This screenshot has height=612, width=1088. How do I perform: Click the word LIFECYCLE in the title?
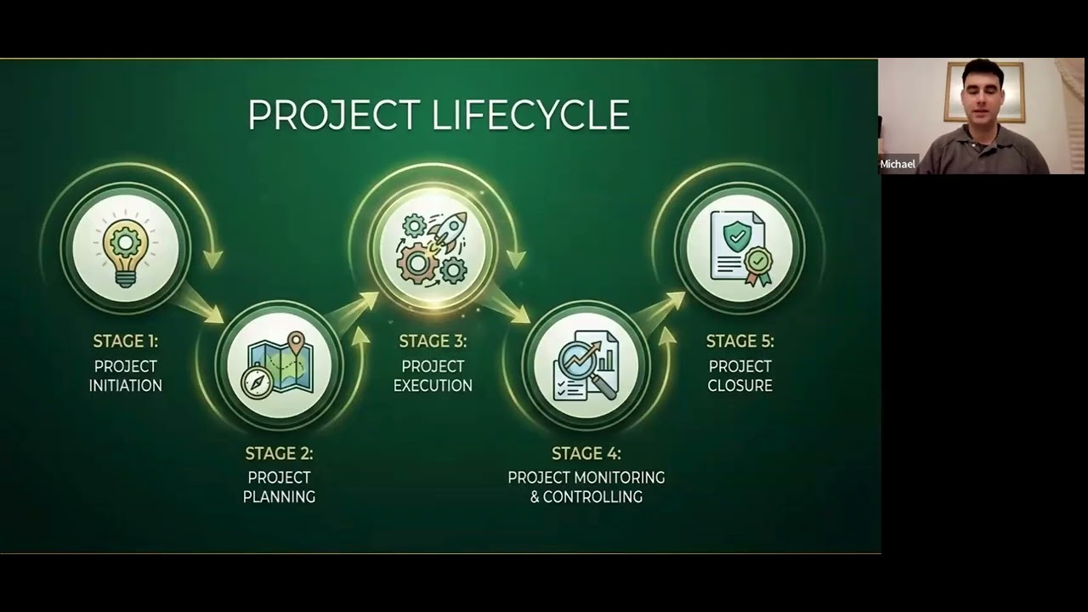point(533,116)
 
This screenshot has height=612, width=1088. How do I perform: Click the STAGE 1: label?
point(126,342)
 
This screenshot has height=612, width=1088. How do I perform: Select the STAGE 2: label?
point(279,453)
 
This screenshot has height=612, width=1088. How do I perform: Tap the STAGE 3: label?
point(433,342)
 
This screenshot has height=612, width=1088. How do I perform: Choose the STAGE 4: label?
point(586,453)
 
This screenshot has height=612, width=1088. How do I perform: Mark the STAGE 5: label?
point(739,342)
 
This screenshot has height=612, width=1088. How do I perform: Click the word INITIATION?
point(126,386)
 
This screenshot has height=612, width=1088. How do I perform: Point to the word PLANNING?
point(279,497)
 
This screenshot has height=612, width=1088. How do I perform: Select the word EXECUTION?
point(433,386)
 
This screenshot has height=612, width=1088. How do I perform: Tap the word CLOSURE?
point(739,386)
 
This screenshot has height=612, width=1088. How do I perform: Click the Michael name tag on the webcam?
point(898,164)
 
